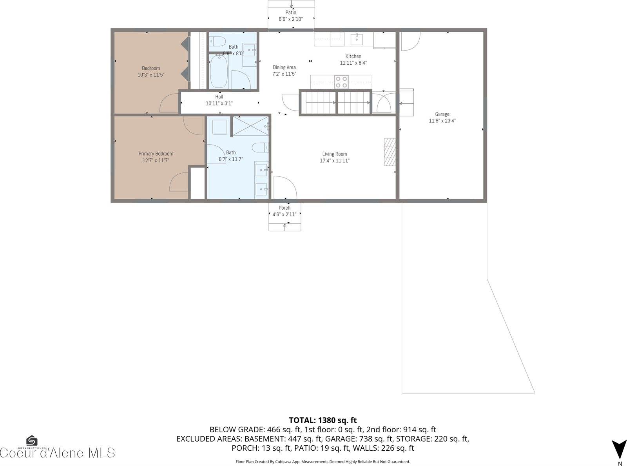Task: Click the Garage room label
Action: tap(442, 114)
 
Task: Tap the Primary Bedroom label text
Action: tap(156, 154)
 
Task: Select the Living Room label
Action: tap(335, 154)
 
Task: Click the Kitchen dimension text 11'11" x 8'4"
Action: tap(353, 63)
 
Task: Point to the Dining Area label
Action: tap(284, 67)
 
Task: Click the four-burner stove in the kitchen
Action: tap(341, 82)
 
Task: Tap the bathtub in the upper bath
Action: tap(218, 72)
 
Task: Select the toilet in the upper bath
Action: tap(217, 41)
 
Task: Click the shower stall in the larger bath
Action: tap(250, 126)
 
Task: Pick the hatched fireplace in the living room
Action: tap(390, 152)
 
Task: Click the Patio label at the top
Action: tap(291, 13)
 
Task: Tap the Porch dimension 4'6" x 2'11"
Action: tap(285, 214)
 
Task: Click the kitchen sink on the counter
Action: tap(357, 39)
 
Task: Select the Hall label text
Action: tap(219, 97)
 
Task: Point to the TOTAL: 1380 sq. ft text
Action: tap(323, 420)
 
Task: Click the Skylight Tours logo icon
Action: tap(31, 441)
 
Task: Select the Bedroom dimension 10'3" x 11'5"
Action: tap(151, 74)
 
